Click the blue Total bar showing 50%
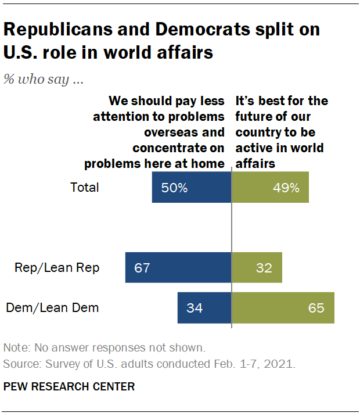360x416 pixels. click(x=192, y=188)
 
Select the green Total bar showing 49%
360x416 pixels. click(x=270, y=188)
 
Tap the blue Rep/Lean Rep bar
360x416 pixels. click(x=178, y=267)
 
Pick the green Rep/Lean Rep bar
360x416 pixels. click(x=257, y=267)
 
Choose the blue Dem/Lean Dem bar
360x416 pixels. click(x=204, y=307)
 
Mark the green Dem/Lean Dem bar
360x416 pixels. click(x=283, y=307)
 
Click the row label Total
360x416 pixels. click(x=85, y=188)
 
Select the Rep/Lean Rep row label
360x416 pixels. click(x=57, y=267)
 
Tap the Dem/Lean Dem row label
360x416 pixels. click(x=52, y=307)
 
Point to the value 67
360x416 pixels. click(x=142, y=268)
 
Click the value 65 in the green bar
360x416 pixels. click(x=316, y=308)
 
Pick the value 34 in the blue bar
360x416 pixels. click(x=195, y=308)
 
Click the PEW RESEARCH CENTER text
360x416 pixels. click(x=69, y=386)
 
